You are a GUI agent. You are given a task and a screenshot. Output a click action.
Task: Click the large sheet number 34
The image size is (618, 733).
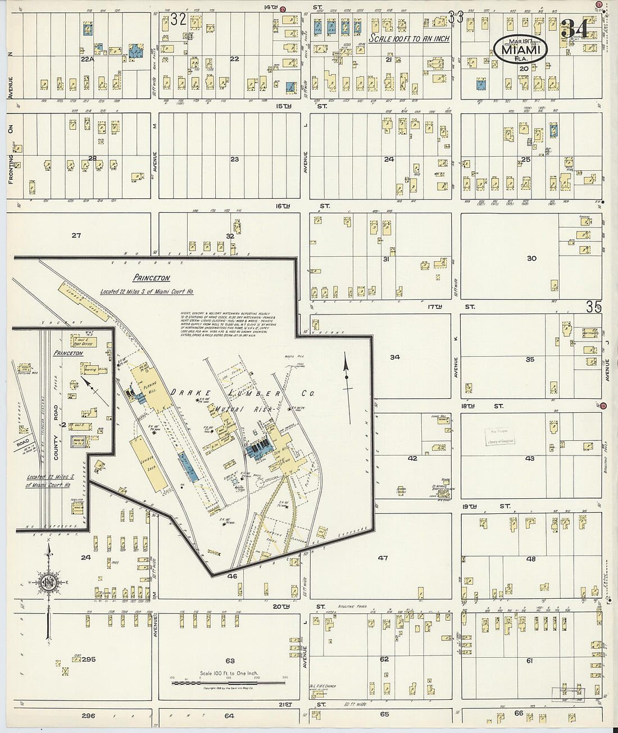[575, 29]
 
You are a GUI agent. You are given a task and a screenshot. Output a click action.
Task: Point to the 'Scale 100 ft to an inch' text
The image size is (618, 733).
[409, 39]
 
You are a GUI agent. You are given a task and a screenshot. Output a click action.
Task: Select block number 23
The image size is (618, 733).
[234, 160]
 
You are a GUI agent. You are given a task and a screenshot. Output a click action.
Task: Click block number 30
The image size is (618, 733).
[531, 258]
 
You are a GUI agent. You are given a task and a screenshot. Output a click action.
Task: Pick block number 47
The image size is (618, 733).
[383, 558]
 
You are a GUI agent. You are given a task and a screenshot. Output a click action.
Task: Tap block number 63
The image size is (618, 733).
[230, 661]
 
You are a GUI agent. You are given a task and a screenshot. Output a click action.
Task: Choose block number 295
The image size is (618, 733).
[88, 659]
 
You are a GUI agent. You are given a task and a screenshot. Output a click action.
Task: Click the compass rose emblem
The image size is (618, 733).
[48, 582]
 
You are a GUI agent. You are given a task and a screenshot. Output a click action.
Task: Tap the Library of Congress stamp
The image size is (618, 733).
[500, 437]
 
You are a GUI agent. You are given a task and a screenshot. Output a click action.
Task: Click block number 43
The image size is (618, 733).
[530, 459]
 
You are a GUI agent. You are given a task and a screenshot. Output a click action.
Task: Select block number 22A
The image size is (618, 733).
[87, 59]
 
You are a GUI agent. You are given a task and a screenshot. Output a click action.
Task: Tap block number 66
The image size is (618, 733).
[519, 713]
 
